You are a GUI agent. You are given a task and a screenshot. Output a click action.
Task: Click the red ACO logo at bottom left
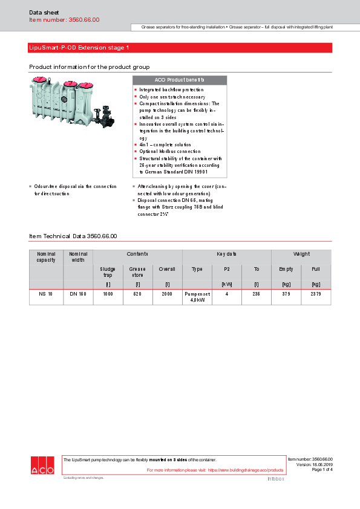[x=42, y=465]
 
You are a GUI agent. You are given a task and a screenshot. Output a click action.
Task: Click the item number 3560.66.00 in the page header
[x=64, y=20]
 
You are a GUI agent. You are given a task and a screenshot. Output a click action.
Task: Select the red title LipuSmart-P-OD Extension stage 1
[x=79, y=47]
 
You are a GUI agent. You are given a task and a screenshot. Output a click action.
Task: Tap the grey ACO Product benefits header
[x=179, y=80]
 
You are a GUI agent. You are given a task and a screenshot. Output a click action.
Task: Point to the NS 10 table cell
[x=46, y=293]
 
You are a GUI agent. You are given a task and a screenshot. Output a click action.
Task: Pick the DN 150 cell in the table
[x=78, y=293]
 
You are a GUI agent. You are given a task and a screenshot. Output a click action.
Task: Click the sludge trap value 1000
[x=108, y=293]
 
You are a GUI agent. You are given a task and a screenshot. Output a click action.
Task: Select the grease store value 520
[x=137, y=293]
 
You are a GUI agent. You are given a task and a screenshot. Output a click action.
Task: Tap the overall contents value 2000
[x=167, y=293]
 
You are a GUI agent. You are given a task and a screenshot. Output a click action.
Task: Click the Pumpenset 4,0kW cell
[x=197, y=296]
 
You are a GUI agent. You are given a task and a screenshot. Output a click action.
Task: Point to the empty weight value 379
[x=286, y=293]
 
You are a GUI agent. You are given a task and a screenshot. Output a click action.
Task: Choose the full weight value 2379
[x=316, y=293]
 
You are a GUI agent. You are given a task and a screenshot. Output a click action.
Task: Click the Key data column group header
[x=226, y=254]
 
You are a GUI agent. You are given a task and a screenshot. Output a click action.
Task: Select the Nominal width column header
[x=78, y=257]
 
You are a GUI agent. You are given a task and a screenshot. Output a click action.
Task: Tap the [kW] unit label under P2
[x=227, y=284]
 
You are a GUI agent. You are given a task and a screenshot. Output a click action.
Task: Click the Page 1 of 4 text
[x=322, y=470]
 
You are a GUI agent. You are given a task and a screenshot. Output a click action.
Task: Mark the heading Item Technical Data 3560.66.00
[x=73, y=236]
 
